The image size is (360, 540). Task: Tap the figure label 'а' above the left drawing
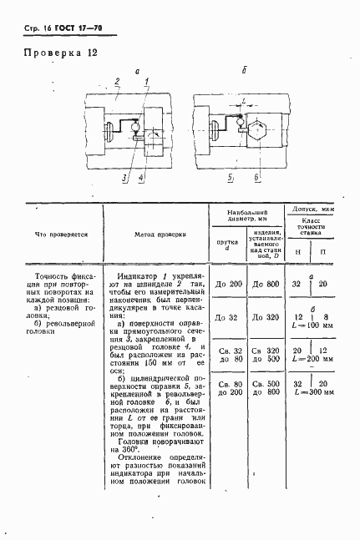click(138, 72)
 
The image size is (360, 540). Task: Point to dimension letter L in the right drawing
click(243, 100)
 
